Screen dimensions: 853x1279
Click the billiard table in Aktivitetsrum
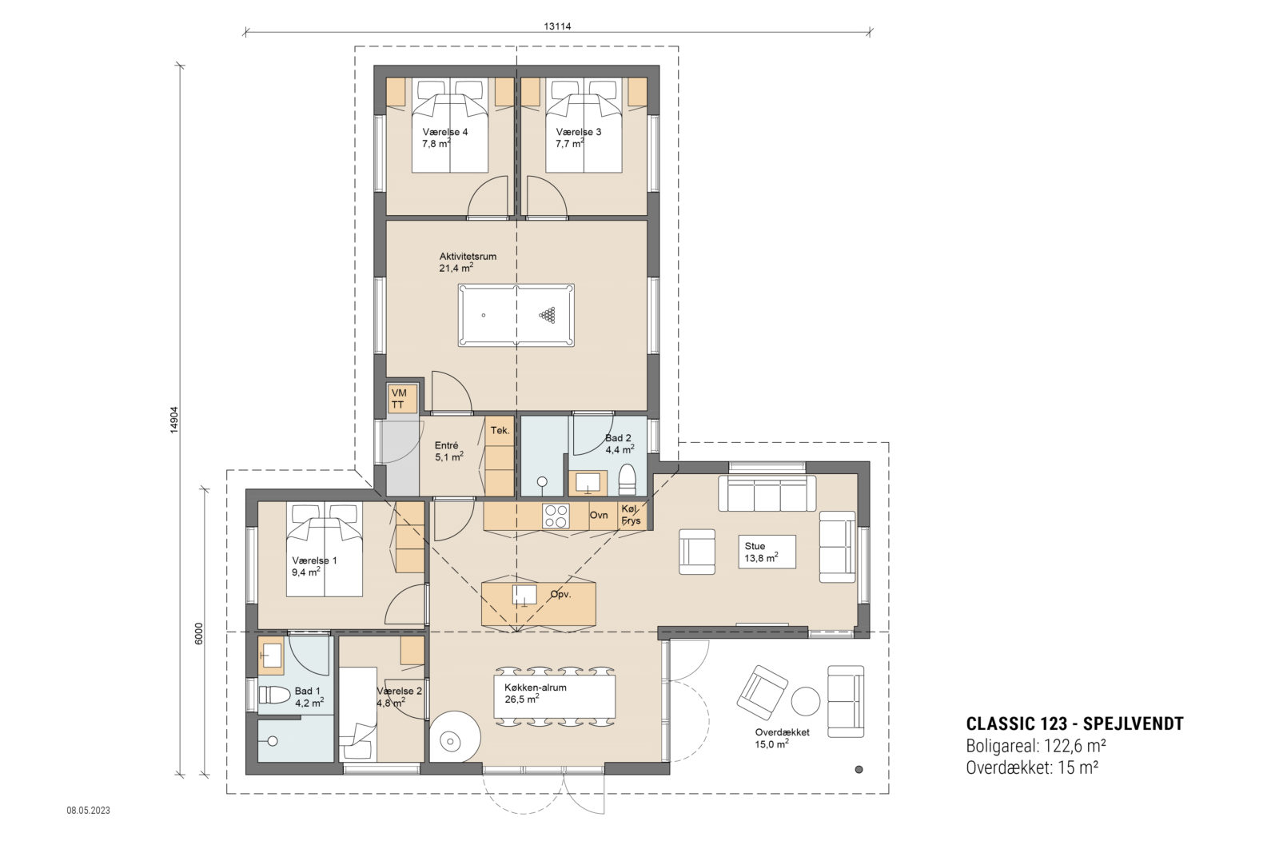[516, 315]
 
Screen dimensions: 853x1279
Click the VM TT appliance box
[398, 399]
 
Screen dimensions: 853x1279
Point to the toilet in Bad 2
[628, 479]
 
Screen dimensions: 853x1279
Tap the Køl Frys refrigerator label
[631, 516]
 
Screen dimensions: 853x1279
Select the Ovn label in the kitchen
[599, 516]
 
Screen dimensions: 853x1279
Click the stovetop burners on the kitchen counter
[556, 516]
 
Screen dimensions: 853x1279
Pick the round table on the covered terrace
[805, 701]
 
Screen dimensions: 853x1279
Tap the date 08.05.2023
[88, 811]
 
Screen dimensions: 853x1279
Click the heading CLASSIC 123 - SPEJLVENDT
[1074, 724]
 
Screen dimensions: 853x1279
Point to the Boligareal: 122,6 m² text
[1036, 746]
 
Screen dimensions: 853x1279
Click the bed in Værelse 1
[325, 550]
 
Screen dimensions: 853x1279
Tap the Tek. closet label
[500, 431]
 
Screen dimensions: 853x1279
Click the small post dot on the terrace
[859, 770]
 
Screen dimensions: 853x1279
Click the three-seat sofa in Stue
[767, 493]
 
